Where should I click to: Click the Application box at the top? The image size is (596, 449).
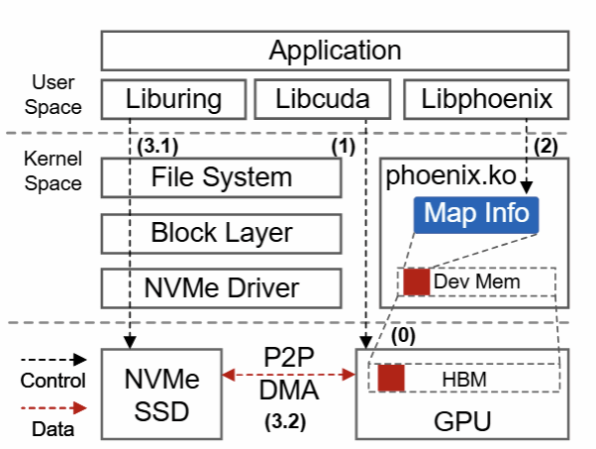[x=336, y=51]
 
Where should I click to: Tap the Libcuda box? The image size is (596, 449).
[x=313, y=99]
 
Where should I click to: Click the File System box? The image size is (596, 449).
[x=221, y=177]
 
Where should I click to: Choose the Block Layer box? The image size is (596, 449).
[x=221, y=233]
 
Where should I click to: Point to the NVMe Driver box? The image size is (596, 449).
[x=221, y=288]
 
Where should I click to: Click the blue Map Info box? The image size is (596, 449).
[x=476, y=213]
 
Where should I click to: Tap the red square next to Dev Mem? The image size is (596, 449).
[x=416, y=281]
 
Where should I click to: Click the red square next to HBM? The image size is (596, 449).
[x=391, y=378]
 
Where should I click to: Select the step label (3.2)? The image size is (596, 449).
[x=288, y=420]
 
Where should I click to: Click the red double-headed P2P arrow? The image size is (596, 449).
[x=288, y=375]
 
